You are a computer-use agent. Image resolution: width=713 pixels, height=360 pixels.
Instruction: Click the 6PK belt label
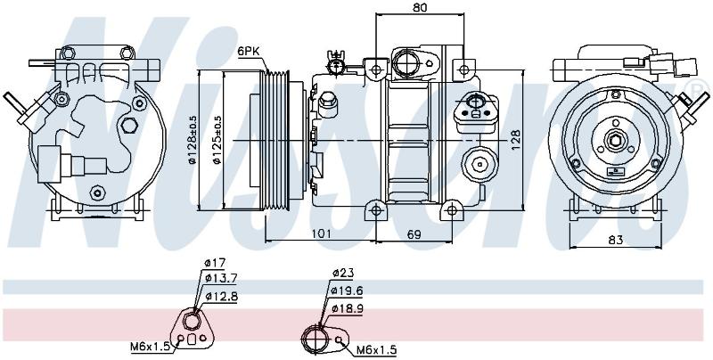(248, 52)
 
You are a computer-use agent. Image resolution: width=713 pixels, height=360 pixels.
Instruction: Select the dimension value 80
(420, 7)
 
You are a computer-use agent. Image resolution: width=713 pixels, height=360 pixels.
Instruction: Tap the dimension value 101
(321, 233)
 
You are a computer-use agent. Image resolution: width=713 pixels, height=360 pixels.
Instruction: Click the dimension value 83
(615, 240)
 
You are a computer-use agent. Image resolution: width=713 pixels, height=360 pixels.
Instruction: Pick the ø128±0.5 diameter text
(193, 139)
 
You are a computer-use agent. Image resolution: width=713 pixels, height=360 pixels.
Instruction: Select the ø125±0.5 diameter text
(217, 139)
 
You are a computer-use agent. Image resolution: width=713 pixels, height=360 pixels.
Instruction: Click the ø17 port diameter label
(215, 262)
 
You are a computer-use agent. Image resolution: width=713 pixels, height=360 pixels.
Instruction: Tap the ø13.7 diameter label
(221, 277)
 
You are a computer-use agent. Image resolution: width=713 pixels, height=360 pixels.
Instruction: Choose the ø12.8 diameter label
(221, 297)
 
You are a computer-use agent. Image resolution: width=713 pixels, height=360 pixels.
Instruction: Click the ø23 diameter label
(343, 274)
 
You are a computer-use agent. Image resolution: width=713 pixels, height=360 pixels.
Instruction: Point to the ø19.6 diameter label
(348, 290)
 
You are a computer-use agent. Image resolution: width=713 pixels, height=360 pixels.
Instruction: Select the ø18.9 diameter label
(348, 308)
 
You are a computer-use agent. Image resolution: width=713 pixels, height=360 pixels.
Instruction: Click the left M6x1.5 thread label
(150, 347)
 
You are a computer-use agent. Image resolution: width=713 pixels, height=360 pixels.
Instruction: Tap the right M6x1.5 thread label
(376, 350)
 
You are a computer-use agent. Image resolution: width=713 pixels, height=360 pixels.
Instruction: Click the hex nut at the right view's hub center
(615, 141)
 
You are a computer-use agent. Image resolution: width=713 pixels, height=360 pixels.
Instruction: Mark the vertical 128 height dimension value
(514, 140)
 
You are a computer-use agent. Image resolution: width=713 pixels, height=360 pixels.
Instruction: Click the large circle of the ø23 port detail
(315, 338)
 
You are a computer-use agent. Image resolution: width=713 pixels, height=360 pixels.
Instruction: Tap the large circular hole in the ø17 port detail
(193, 322)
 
